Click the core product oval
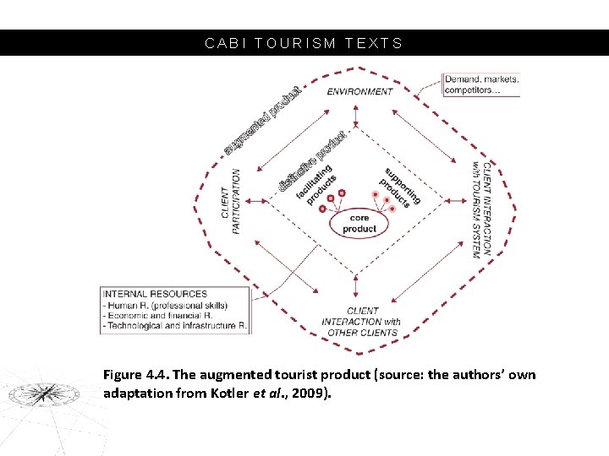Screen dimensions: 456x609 pos(359,223)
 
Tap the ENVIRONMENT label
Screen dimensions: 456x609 pos(359,91)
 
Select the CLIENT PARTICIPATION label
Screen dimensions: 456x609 pos(230,200)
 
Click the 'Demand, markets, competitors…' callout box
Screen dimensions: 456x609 pos(482,84)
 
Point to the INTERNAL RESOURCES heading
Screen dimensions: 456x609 pos(155,294)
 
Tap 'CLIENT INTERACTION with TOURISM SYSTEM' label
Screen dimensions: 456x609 pos(480,209)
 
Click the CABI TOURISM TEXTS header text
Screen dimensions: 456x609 pos(304,43)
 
